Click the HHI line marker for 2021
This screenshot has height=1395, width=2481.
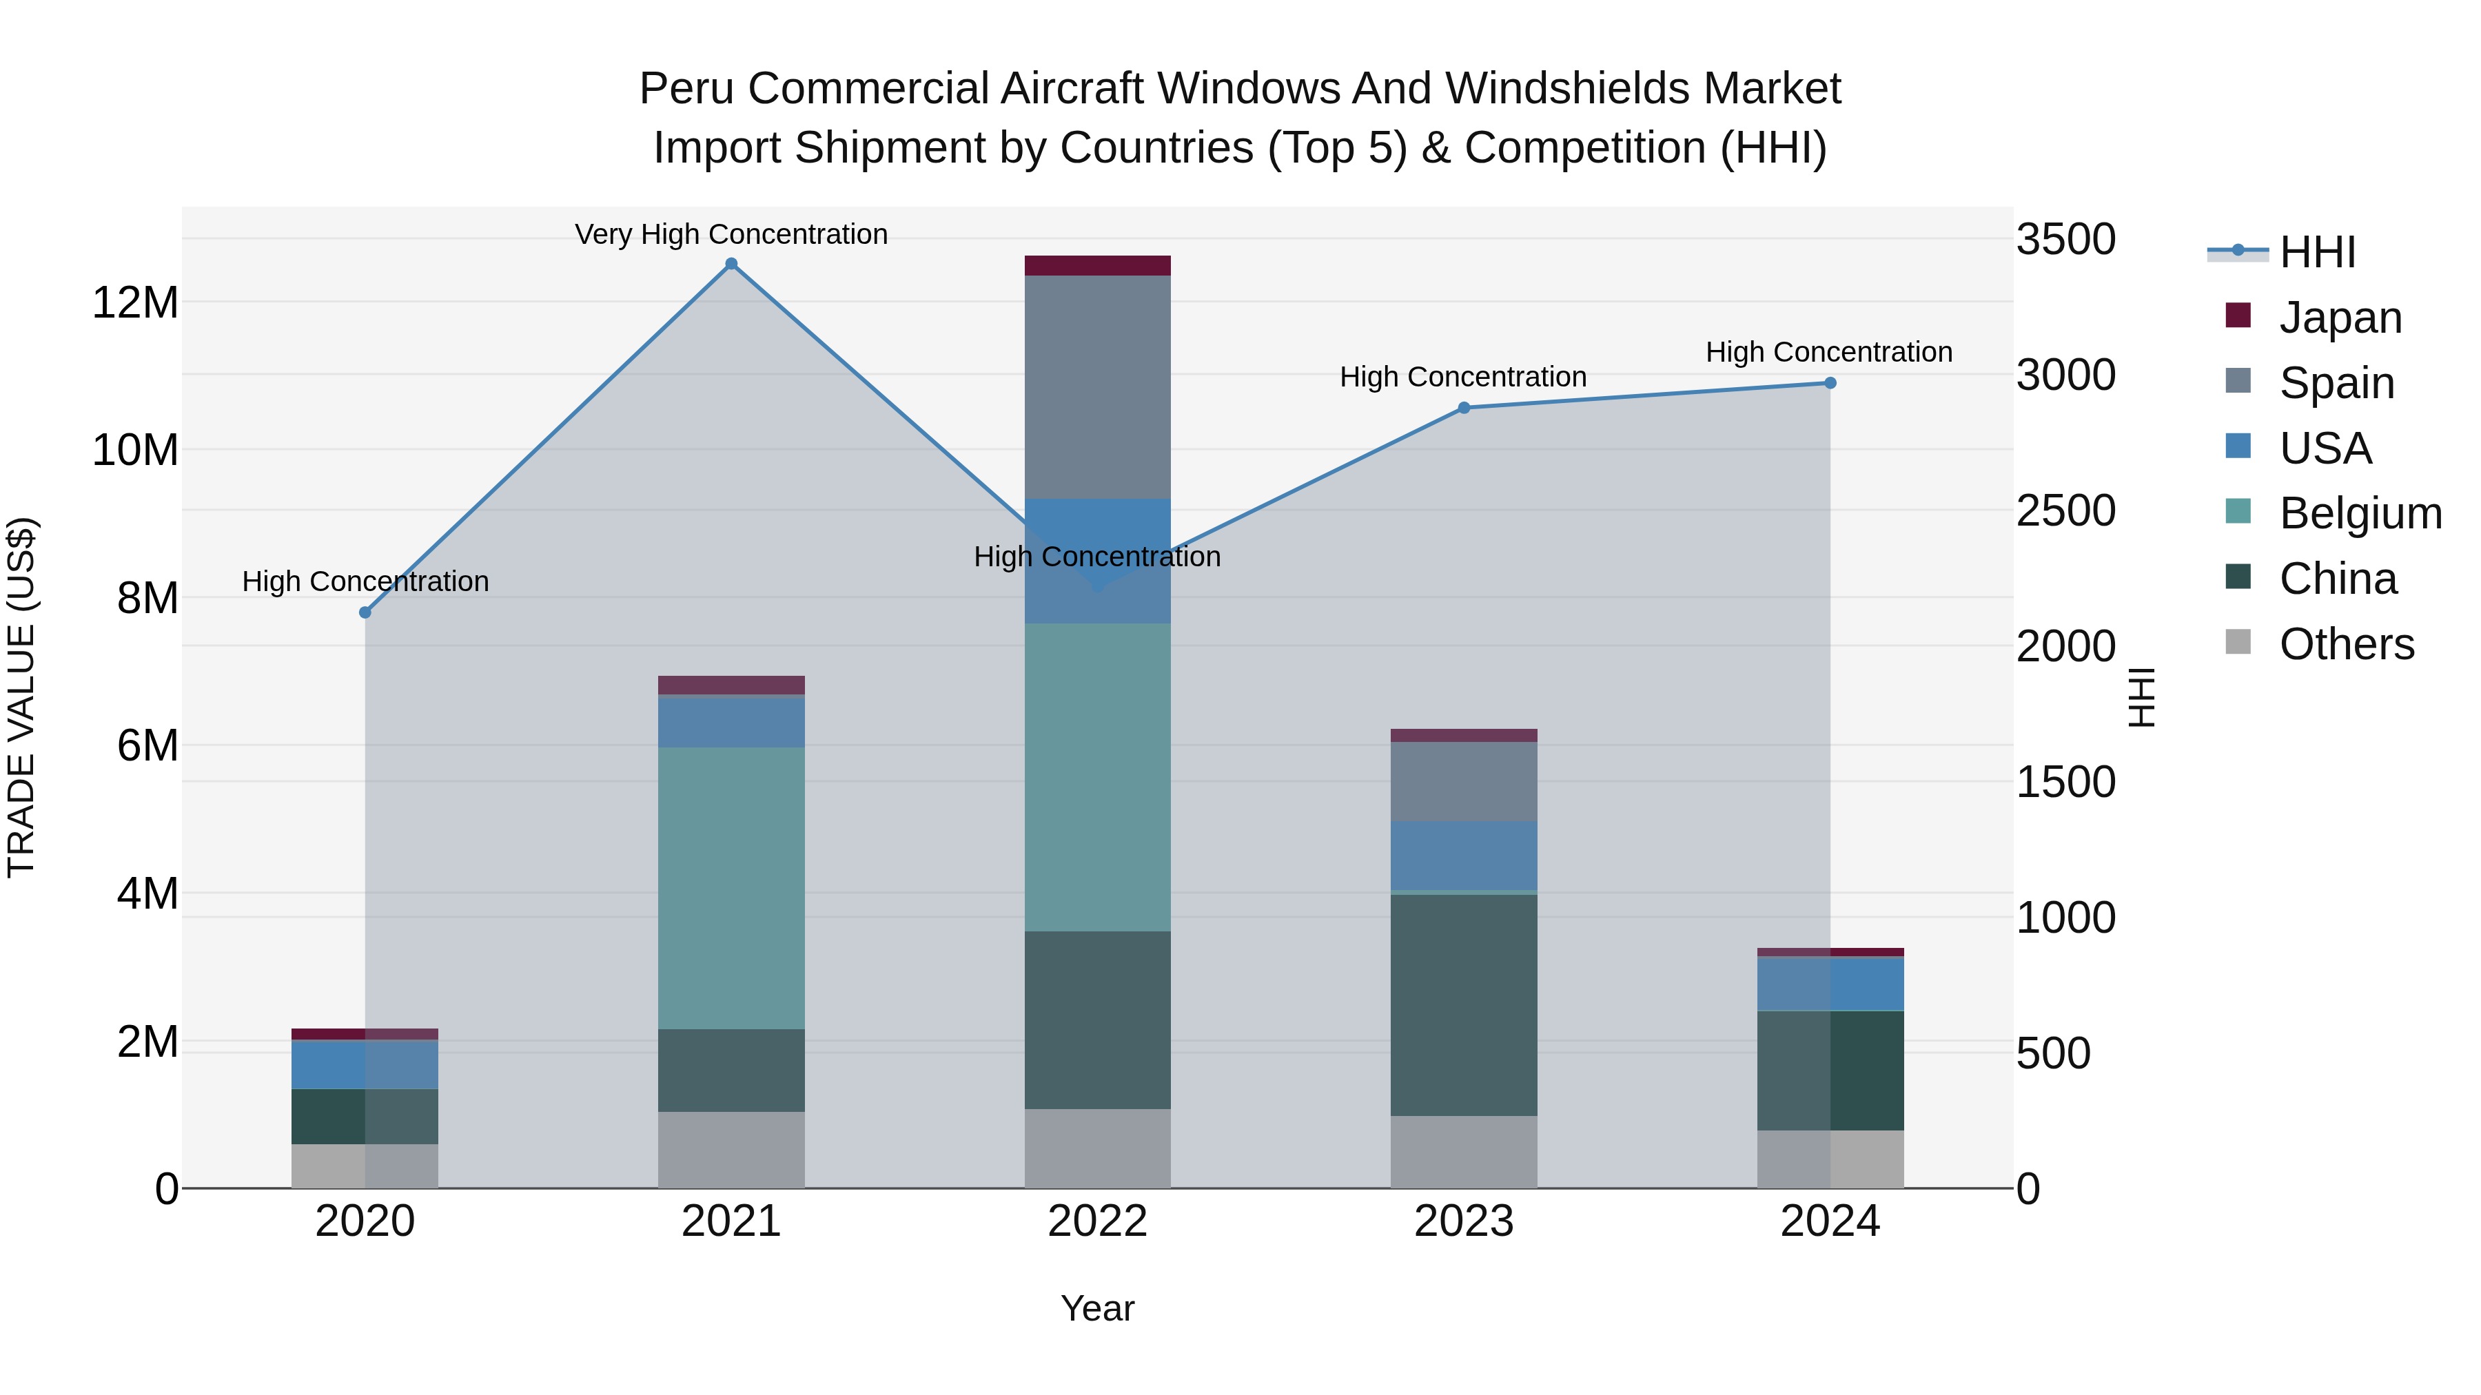[x=731, y=264]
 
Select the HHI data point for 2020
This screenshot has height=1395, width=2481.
[x=365, y=612]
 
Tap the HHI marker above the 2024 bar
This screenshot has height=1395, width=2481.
[x=1830, y=383]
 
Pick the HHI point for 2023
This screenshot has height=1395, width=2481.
[x=1464, y=409]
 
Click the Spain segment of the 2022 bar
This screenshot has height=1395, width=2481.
[x=1097, y=387]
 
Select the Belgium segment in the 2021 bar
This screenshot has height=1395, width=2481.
[x=731, y=888]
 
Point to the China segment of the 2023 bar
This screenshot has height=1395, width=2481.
[x=1464, y=1005]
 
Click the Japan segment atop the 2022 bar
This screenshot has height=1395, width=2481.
[x=1097, y=266]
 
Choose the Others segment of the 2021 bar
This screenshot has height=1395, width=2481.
[x=731, y=1150]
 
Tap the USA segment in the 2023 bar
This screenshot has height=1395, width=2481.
[x=1464, y=855]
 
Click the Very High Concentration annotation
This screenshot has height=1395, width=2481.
[x=731, y=235]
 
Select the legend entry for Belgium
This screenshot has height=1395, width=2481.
[x=2360, y=513]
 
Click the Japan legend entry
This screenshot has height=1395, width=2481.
[x=2340, y=318]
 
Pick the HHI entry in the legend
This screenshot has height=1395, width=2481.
[x=2317, y=252]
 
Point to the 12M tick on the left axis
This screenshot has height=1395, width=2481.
[x=135, y=302]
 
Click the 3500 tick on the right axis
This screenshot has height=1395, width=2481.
[x=2066, y=239]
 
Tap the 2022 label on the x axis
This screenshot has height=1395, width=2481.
[x=1097, y=1221]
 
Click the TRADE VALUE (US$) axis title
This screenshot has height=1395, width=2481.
[x=21, y=697]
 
